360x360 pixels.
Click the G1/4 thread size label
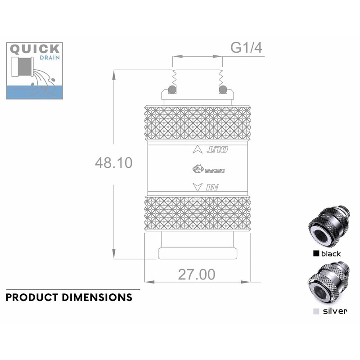(246, 47)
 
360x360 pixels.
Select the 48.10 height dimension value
(113, 162)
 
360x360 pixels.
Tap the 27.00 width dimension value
(196, 274)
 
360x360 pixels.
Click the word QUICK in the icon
(35, 49)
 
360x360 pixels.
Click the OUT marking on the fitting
(217, 150)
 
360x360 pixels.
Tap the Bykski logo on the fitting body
(208, 169)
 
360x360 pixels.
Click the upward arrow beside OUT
(197, 150)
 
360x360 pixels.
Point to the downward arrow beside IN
(197, 187)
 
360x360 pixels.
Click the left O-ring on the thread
(171, 89)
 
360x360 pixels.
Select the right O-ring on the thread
(223, 89)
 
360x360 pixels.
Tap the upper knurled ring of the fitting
(197, 123)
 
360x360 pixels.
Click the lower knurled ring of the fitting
(197, 213)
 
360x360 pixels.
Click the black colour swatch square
(316, 254)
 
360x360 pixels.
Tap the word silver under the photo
(335, 311)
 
